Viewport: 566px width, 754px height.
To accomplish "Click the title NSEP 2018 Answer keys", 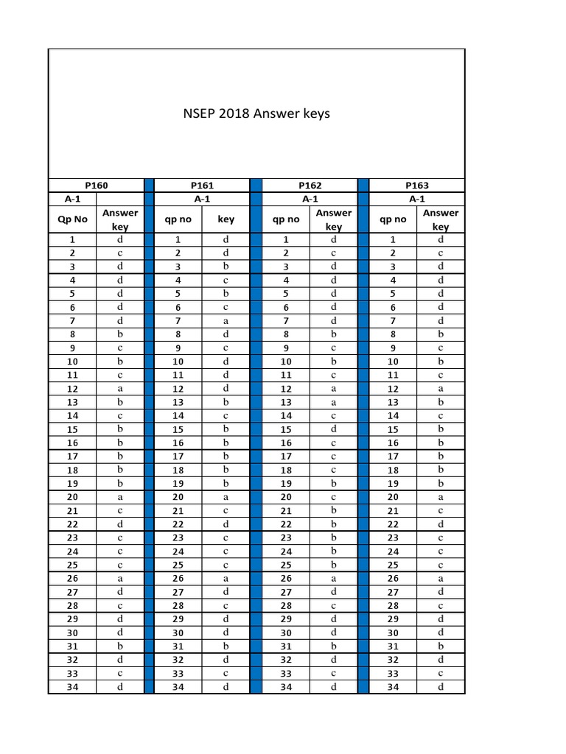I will (256, 113).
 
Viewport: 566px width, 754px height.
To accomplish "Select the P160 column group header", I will (97, 186).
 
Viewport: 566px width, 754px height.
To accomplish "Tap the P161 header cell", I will (202, 186).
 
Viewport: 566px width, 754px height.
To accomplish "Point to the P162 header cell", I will (310, 186).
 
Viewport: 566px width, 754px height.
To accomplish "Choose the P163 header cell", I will (417, 186).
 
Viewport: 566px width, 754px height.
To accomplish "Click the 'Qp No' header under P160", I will (72, 219).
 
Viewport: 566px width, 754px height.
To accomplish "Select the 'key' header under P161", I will (226, 219).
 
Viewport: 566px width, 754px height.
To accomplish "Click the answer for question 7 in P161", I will (226, 320).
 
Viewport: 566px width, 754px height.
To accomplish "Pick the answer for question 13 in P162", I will (333, 402).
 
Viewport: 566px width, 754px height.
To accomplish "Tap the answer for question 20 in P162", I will (333, 497).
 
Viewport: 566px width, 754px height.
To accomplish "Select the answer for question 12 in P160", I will (119, 389).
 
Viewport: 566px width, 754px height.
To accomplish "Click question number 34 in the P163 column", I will (393, 687).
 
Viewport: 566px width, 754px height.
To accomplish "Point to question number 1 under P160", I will (72, 239).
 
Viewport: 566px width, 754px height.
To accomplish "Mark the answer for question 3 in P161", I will (226, 267).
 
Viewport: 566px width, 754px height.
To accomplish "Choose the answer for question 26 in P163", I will (440, 579).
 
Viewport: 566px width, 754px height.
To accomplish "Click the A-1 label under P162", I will (310, 199).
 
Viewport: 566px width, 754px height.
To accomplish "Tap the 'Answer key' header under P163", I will (440, 219).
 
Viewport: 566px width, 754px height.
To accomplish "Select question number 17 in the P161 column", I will (178, 457).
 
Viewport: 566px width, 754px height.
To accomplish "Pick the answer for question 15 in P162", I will (333, 429).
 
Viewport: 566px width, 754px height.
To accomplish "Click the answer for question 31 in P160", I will (119, 646).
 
